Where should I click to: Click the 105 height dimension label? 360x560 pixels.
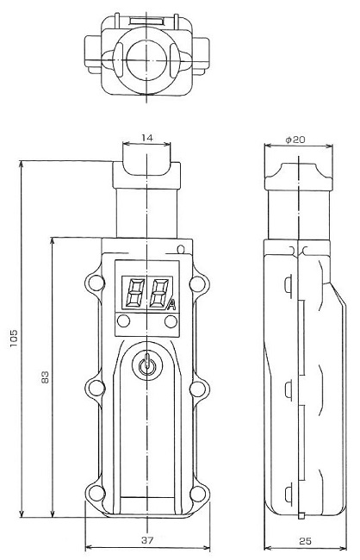coord(14,339)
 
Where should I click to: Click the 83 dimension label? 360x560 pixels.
coord(45,376)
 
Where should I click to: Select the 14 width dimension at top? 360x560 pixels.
coord(146,138)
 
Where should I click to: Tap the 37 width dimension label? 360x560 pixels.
coord(147,540)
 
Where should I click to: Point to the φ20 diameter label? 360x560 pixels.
coord(295,140)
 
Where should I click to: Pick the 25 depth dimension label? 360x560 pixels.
coord(305,541)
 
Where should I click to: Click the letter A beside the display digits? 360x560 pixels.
coord(171,306)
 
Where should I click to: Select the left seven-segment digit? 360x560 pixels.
coord(134,293)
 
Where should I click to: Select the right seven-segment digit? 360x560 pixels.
coord(159,293)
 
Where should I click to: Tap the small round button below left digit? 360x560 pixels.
coord(123,321)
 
